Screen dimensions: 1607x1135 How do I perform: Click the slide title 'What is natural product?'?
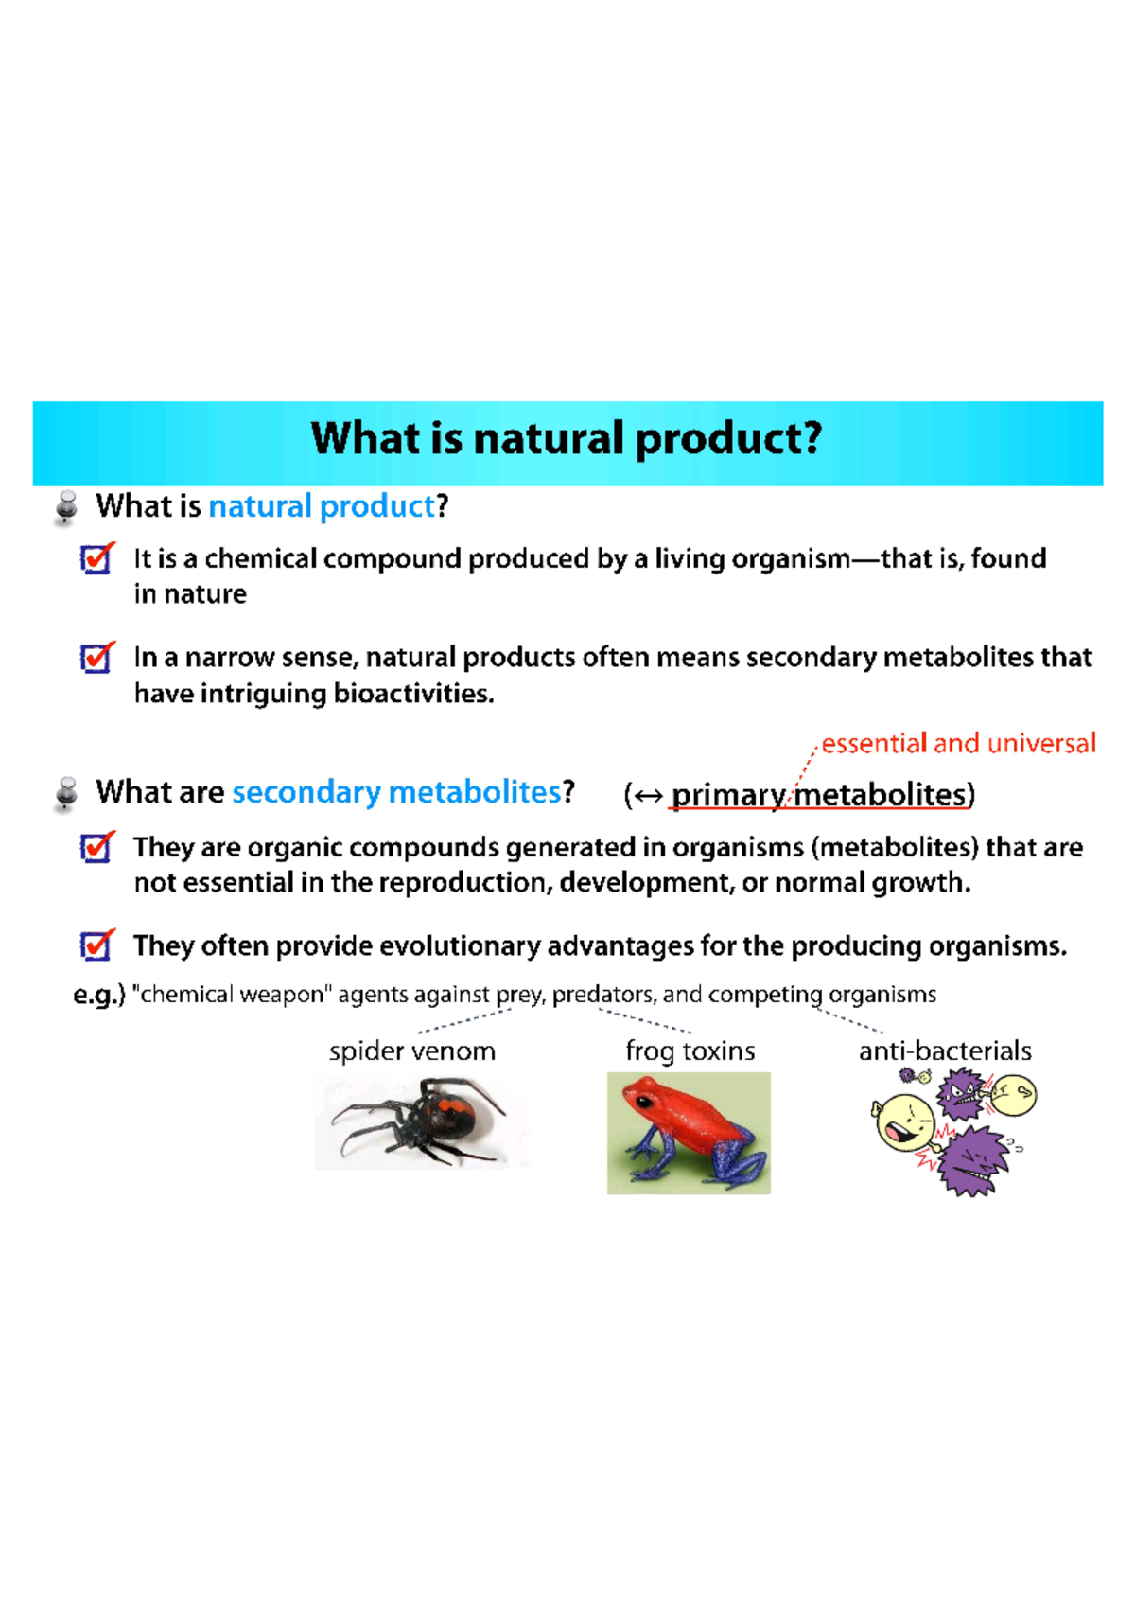pyautogui.click(x=567, y=439)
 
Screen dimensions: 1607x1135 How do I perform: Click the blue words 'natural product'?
pyautogui.click(x=321, y=507)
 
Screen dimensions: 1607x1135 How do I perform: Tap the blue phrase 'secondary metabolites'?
pyautogui.click(x=396, y=792)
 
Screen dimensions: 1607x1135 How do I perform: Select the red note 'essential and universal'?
pyautogui.click(x=958, y=744)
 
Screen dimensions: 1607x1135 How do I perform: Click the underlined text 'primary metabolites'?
pyautogui.click(x=819, y=795)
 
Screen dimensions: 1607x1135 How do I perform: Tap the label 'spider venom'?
pyautogui.click(x=412, y=1051)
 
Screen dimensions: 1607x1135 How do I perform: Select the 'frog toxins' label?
pyautogui.click(x=690, y=1051)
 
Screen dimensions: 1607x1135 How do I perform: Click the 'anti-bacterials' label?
pyautogui.click(x=944, y=1051)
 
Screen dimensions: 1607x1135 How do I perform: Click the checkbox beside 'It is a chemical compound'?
pyautogui.click(x=96, y=559)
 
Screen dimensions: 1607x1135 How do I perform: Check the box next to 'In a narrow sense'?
pyautogui.click(x=96, y=658)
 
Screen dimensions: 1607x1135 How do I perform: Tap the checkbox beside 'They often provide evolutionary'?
pyautogui.click(x=96, y=945)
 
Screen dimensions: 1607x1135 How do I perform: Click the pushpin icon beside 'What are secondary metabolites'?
pyautogui.click(x=66, y=793)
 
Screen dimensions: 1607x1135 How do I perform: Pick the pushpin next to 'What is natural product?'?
pyautogui.click(x=66, y=507)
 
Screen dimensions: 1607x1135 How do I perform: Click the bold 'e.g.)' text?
pyautogui.click(x=99, y=996)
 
